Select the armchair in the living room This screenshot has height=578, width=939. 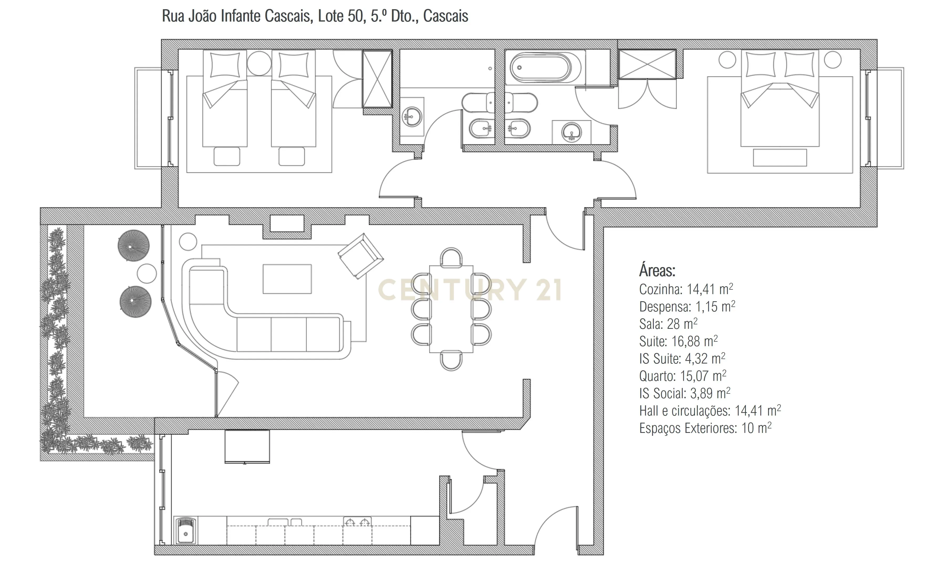[360, 256]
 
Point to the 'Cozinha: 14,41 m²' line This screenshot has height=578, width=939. [686, 289]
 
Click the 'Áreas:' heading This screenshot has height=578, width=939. [657, 271]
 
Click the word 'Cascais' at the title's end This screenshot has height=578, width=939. [445, 16]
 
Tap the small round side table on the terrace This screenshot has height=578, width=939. [147, 274]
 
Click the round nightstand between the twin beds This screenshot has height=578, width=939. [259, 63]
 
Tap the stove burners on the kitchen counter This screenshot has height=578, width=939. [357, 522]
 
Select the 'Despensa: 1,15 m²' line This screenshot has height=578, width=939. [687, 306]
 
